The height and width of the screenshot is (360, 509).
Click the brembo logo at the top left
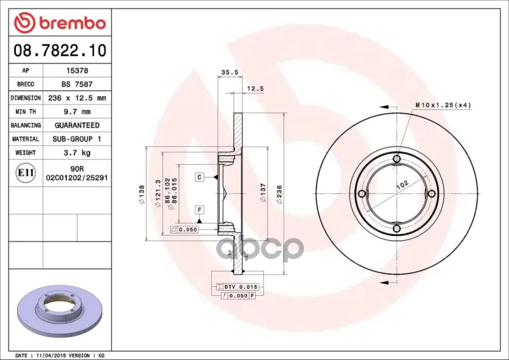[60, 23]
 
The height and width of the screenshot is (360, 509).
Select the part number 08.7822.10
[60, 50]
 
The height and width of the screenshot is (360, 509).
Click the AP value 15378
[77, 71]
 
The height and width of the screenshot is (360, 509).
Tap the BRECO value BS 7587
[77, 84]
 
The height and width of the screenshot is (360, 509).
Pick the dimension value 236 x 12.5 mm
[77, 98]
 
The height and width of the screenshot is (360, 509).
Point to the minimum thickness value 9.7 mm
[77, 112]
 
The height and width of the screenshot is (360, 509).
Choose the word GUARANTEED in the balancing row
[77, 125]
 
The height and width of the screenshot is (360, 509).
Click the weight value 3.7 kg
[77, 153]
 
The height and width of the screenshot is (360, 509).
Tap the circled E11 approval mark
[25, 173]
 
